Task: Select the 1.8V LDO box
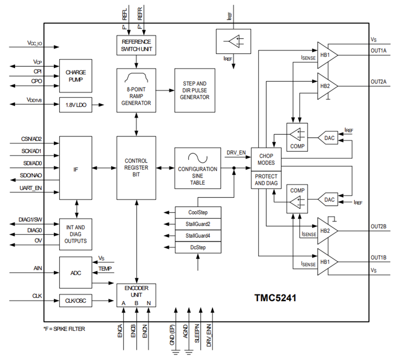pyautogui.click(x=75, y=105)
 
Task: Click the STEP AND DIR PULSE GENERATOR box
pyautogui.click(x=196, y=90)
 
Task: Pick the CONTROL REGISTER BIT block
pyautogui.click(x=136, y=167)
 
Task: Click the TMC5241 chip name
pyautogui.click(x=275, y=298)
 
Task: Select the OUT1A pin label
pyautogui.click(x=378, y=51)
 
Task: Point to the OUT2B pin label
pyautogui.click(x=378, y=227)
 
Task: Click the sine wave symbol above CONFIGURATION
pyautogui.click(x=197, y=157)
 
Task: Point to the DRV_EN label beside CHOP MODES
pyautogui.click(x=236, y=153)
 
